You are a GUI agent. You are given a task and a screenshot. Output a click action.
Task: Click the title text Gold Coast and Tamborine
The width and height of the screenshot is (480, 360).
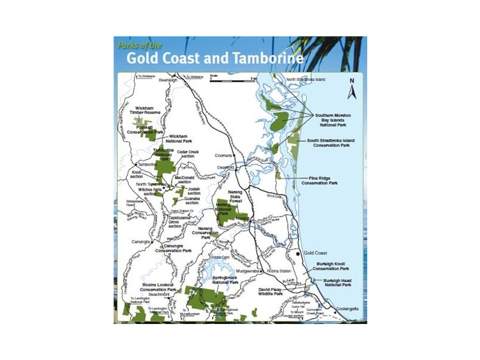(214, 59)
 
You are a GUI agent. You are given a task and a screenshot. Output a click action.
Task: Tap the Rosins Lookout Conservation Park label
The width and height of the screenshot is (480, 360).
(159, 289)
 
